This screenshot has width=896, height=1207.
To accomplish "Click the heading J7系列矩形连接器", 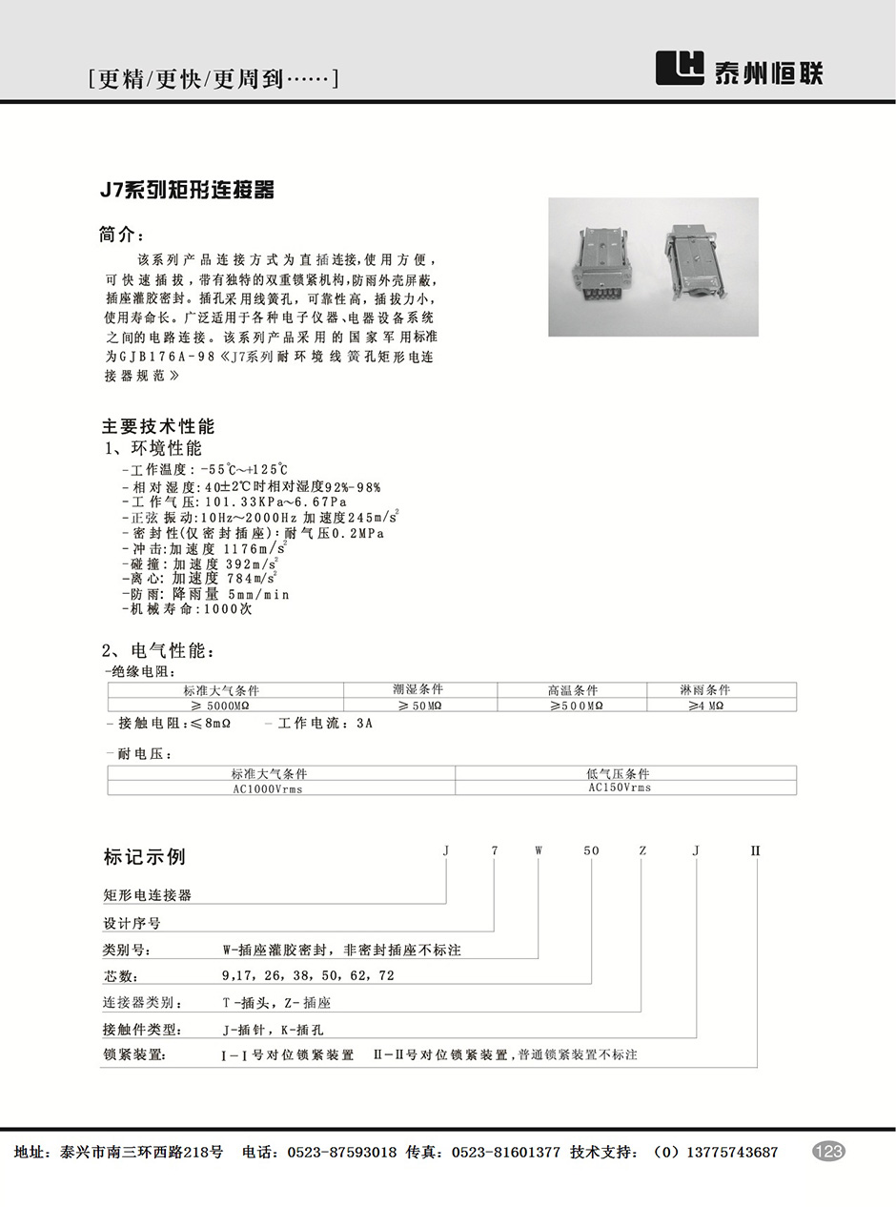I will tap(188, 191).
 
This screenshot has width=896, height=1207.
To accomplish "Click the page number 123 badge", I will tap(828, 1152).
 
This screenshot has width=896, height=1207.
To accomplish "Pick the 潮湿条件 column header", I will tap(417, 689).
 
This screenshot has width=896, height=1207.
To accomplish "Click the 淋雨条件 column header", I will tap(704, 689).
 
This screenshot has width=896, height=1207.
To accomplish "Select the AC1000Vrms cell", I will tap(268, 788).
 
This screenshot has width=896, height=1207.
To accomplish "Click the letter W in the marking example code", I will tap(538, 849).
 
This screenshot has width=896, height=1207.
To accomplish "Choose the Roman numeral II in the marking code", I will tap(756, 849).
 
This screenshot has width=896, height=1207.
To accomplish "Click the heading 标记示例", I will tap(144, 856).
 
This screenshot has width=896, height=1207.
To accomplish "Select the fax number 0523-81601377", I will tap(505, 1152).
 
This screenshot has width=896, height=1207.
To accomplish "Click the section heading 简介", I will tap(123, 234).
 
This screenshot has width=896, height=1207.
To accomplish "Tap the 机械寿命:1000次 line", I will tap(188, 609).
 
